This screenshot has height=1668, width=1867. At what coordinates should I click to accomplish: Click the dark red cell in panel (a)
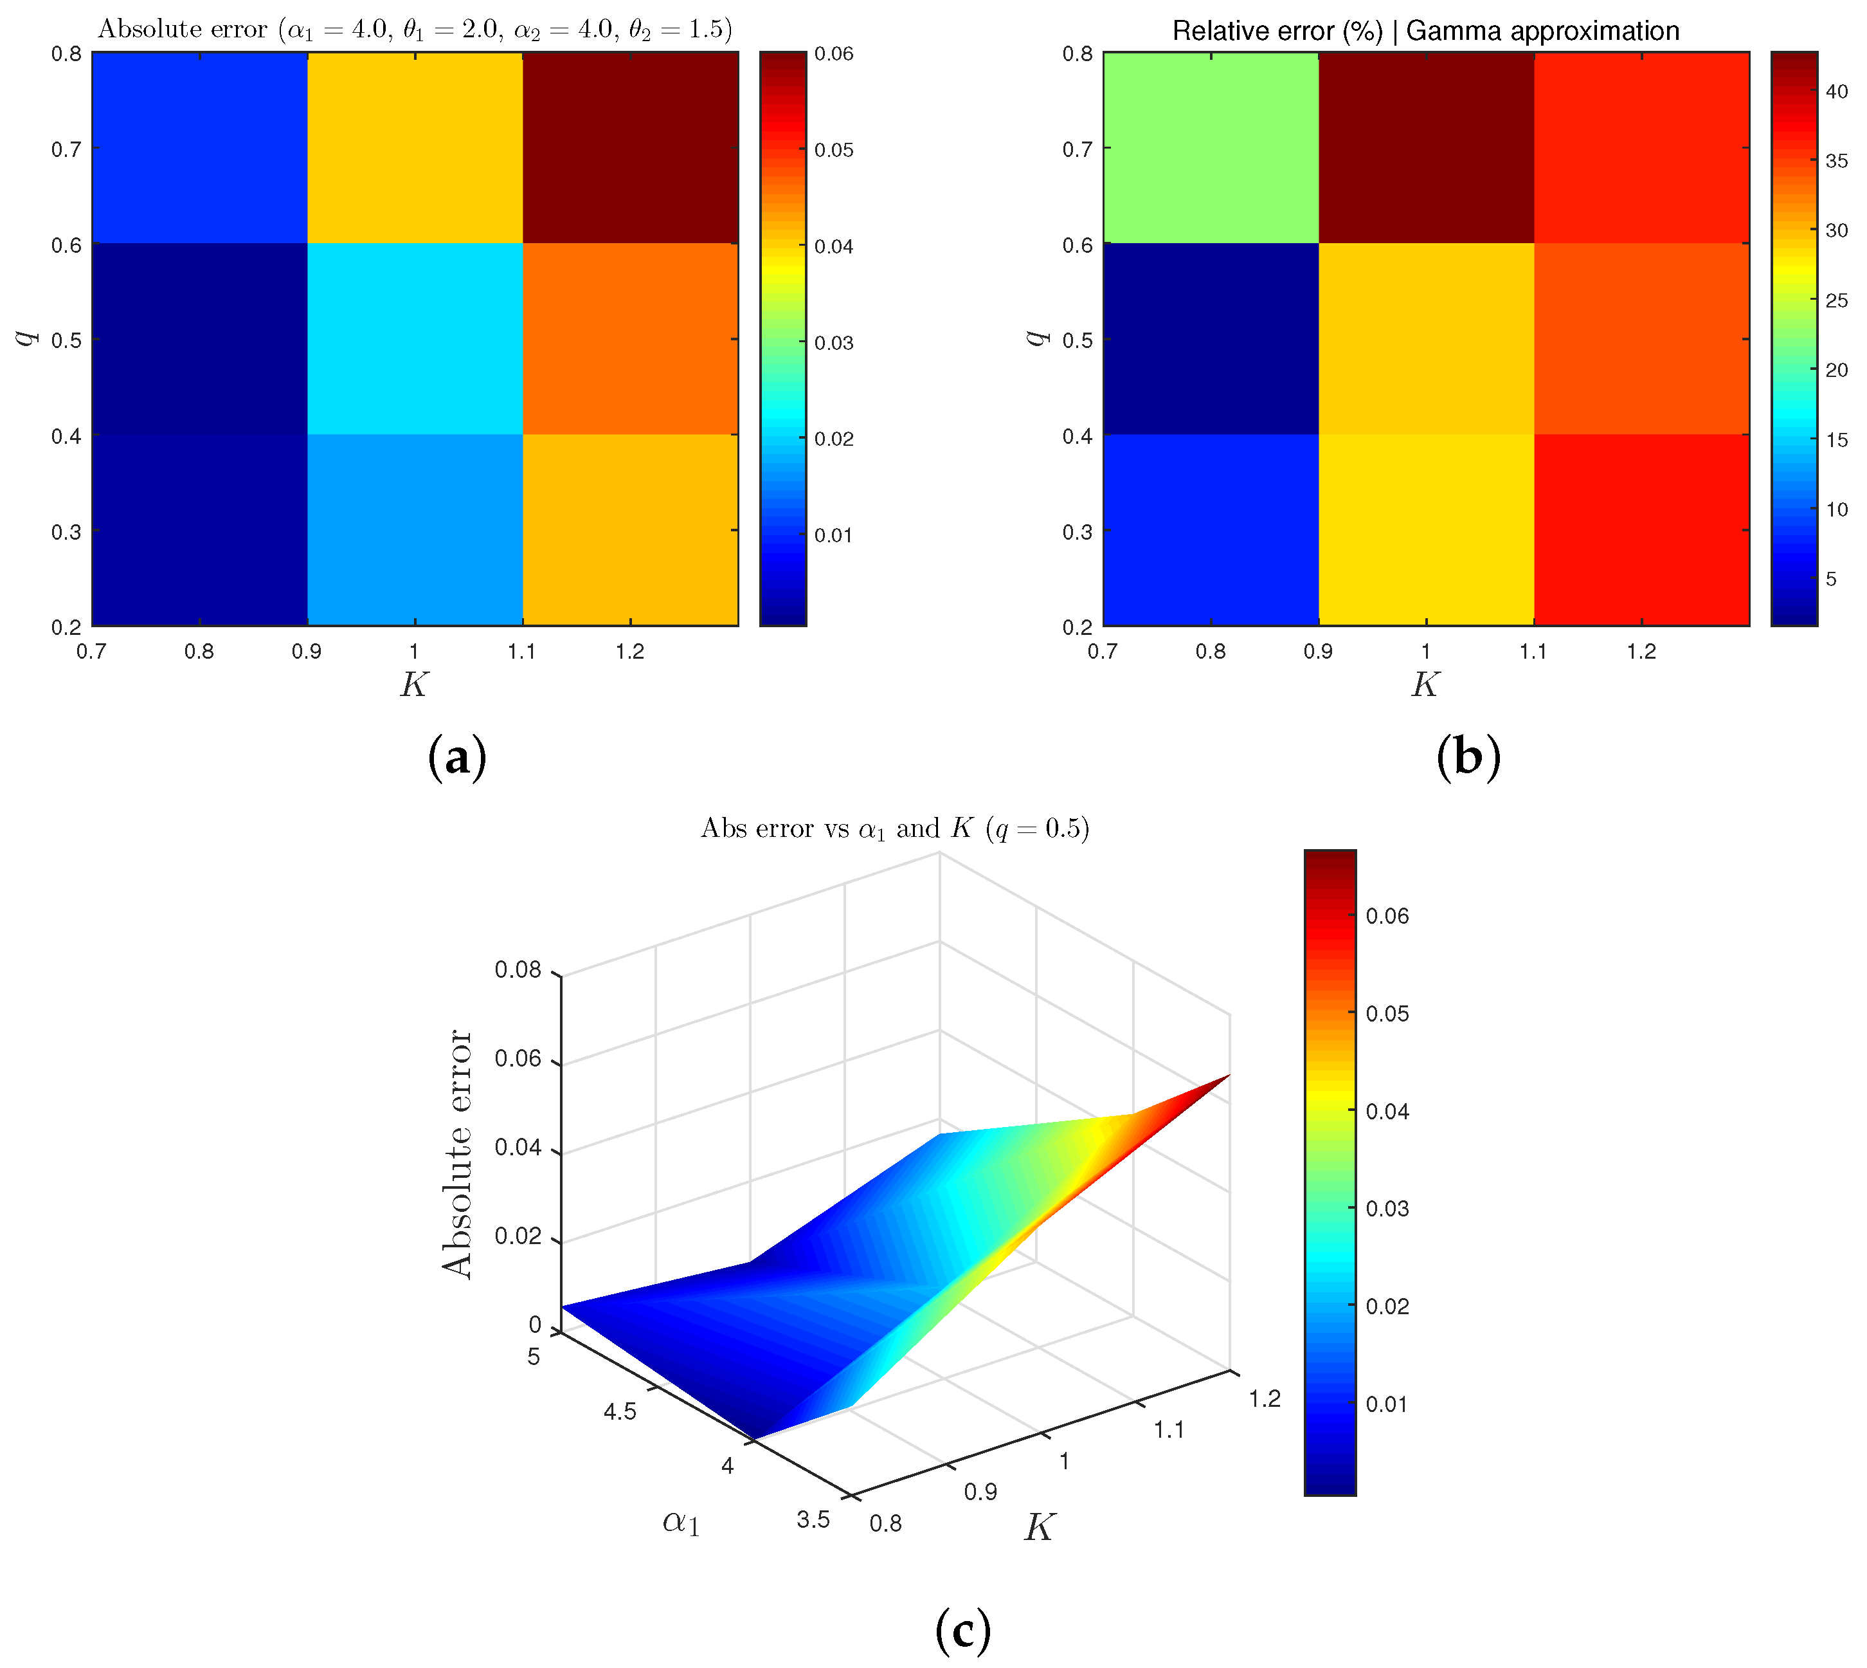click(630, 147)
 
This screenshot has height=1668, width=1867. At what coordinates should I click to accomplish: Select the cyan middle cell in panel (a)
click(414, 338)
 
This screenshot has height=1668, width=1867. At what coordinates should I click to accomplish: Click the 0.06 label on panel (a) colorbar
click(834, 54)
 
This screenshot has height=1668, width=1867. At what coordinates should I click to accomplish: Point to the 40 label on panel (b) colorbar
click(1836, 91)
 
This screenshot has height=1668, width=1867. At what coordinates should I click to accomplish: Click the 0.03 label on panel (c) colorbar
click(1386, 1209)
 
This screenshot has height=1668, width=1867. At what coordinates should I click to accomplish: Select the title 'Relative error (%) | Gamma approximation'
click(1425, 31)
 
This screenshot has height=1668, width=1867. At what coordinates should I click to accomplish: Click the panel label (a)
click(457, 758)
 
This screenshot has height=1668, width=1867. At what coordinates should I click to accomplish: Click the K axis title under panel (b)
click(1425, 684)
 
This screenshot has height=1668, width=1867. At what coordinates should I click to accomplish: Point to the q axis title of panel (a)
click(28, 338)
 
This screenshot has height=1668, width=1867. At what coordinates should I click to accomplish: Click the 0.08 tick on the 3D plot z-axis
click(519, 969)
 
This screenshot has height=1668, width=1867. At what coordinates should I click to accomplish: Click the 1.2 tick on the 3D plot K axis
click(1264, 1398)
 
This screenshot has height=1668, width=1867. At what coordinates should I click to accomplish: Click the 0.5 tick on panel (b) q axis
click(1078, 340)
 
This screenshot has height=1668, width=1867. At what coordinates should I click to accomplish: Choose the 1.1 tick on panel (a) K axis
click(521, 652)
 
